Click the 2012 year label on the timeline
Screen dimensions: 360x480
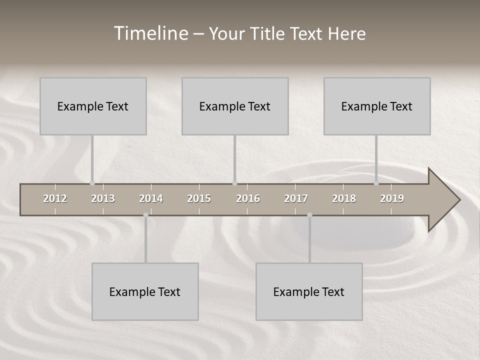click(x=55, y=198)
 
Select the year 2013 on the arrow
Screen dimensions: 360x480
click(x=103, y=198)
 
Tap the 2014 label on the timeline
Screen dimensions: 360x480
click(x=151, y=198)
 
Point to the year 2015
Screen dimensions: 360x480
click(x=199, y=198)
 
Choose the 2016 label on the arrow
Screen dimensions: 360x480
click(x=248, y=198)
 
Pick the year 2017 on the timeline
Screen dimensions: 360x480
click(x=296, y=198)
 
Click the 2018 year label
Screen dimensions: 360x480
click(x=344, y=198)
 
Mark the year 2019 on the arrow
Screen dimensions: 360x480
click(x=392, y=198)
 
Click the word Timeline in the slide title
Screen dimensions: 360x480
click(x=150, y=33)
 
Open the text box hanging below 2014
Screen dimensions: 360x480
click(x=145, y=291)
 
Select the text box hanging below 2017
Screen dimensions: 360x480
click(x=309, y=291)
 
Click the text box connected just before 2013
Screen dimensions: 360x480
click(x=93, y=106)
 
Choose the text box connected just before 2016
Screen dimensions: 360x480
click(x=235, y=106)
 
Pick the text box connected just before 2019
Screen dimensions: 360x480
click(x=377, y=106)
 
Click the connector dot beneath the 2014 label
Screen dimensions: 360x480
click(x=145, y=215)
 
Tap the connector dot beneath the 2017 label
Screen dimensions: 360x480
click(x=309, y=215)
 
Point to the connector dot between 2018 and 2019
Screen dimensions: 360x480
click(x=376, y=183)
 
